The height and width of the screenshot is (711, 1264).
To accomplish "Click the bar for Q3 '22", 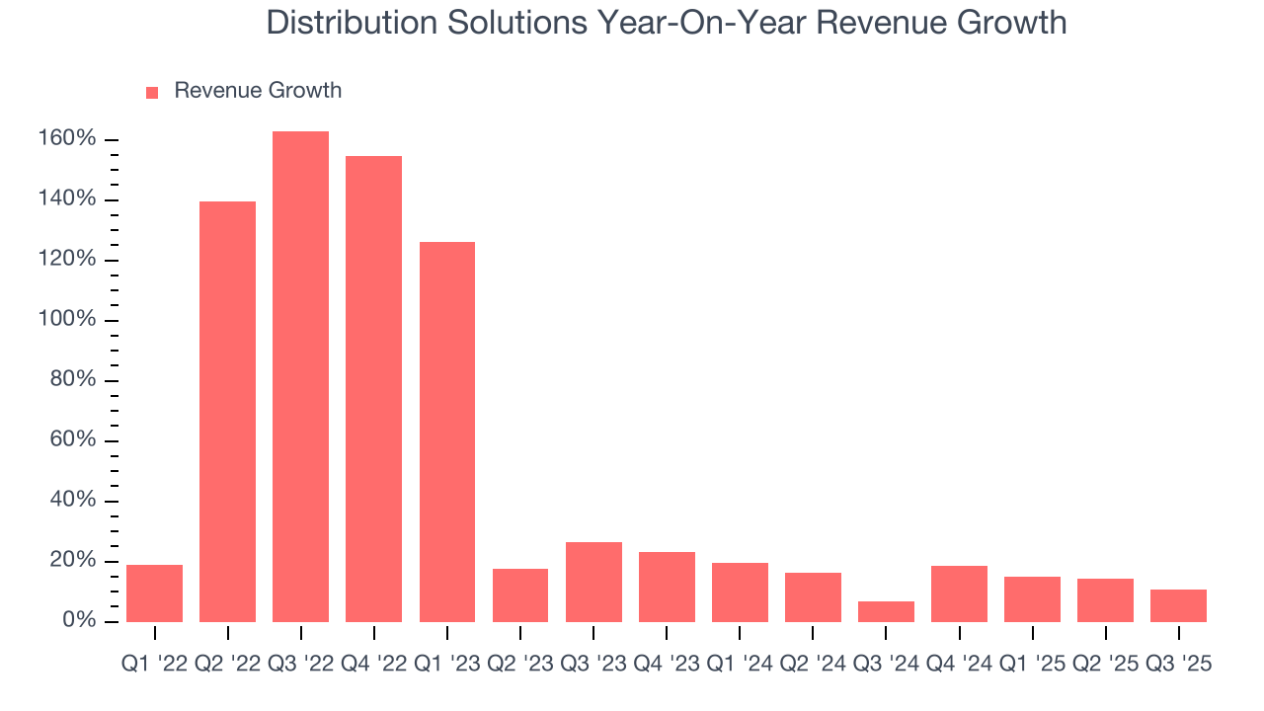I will tap(300, 376).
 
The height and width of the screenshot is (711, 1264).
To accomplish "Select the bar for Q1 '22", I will tap(154, 592).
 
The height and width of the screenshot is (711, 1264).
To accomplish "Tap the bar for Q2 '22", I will tap(227, 411).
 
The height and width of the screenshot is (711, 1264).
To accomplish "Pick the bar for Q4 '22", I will tap(373, 388).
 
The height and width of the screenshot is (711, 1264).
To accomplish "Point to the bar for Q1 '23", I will tap(446, 432).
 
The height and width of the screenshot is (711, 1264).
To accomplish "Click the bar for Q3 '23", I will tap(593, 582).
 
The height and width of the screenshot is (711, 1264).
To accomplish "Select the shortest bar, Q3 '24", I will tap(886, 611).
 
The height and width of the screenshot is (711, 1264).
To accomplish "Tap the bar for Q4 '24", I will tap(959, 593).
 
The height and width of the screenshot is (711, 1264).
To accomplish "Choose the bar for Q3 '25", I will tap(1178, 605).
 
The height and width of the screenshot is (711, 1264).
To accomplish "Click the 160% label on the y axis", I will tap(67, 139).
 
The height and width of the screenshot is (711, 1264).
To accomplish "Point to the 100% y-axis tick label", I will tap(67, 320).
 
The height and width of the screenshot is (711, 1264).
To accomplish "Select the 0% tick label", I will tap(79, 621).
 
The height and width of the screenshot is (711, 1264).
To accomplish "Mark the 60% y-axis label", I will tap(73, 440).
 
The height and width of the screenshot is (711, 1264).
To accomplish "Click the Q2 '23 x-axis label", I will tap(520, 665).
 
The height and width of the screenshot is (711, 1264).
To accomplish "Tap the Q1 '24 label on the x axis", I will tap(740, 665).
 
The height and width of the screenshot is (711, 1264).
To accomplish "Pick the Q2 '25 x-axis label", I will tap(1105, 665).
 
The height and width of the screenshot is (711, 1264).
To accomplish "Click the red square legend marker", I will tap(152, 92).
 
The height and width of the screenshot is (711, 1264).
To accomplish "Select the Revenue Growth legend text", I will tap(258, 91).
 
